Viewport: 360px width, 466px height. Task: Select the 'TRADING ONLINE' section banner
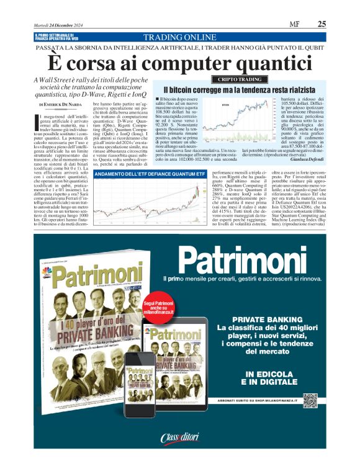pyautogui.click(x=180, y=37)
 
